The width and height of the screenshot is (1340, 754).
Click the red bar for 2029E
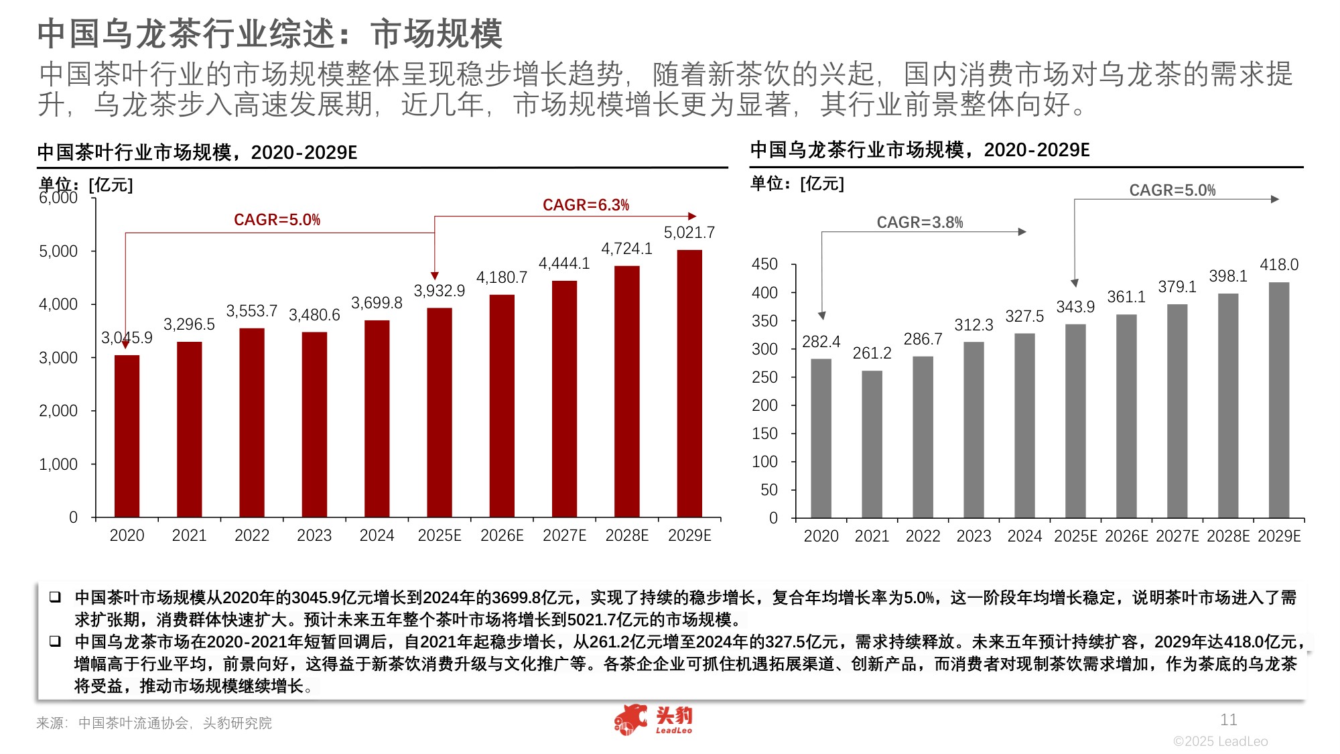click(x=689, y=383)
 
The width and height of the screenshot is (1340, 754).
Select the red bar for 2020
click(x=127, y=436)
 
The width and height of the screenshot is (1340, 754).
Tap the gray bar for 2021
click(x=872, y=444)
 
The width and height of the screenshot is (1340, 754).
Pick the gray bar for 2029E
click(x=1279, y=400)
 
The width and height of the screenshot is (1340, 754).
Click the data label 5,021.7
click(x=689, y=233)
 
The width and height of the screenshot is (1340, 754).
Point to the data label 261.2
click(x=872, y=353)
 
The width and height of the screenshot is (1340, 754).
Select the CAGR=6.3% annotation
click(x=586, y=205)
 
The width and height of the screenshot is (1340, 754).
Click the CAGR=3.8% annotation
click(x=919, y=223)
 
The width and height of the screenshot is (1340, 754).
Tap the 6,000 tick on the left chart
click(x=58, y=198)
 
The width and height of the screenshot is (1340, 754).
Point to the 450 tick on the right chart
click(x=764, y=264)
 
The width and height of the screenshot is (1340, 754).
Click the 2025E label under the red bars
click(x=440, y=536)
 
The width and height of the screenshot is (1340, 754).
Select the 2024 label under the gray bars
click(x=1024, y=536)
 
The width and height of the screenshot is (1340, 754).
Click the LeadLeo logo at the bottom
click(x=653, y=720)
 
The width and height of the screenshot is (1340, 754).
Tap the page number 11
click(x=1228, y=720)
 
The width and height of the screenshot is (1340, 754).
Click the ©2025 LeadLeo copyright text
click(x=1220, y=741)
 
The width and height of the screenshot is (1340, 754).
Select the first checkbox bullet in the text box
click(x=56, y=596)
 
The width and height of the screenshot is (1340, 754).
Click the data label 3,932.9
click(x=439, y=291)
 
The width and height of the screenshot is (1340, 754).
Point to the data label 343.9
click(x=1075, y=307)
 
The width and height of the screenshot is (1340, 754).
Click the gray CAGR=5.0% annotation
click(x=1172, y=190)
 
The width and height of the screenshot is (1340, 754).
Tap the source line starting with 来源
click(x=154, y=723)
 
